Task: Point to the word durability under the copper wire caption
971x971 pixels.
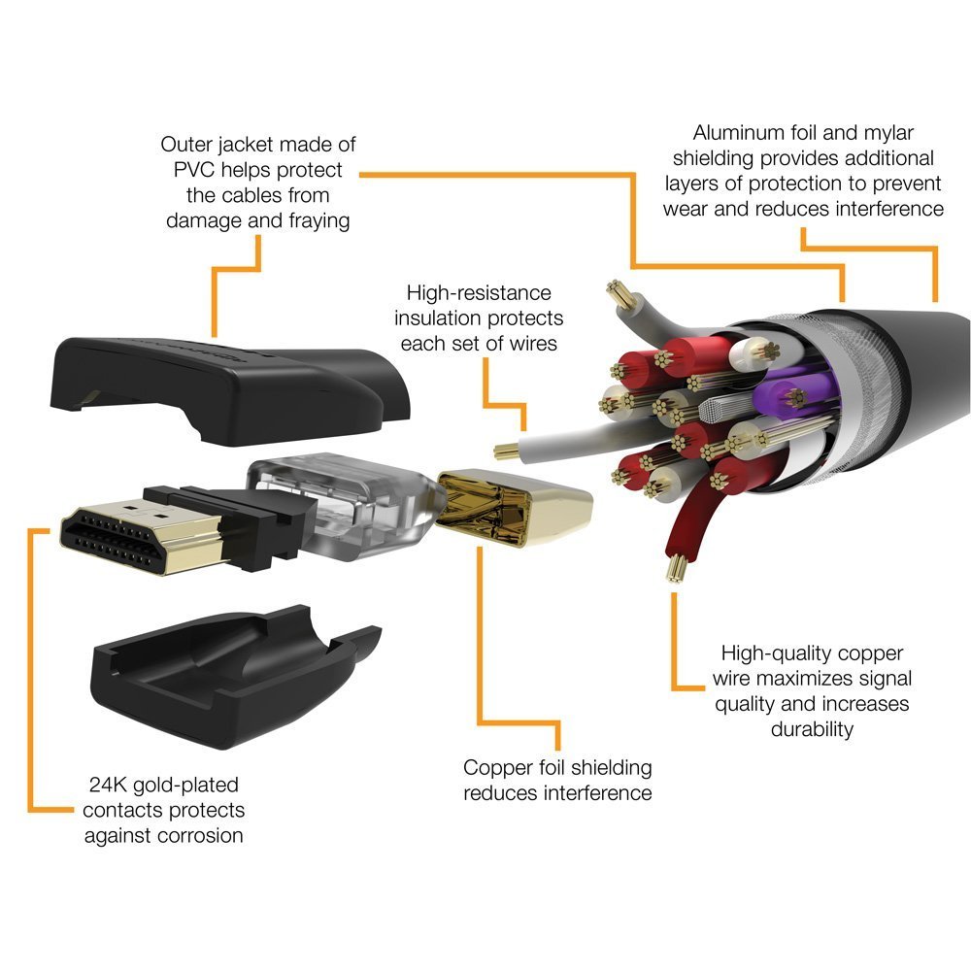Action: point(813,728)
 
